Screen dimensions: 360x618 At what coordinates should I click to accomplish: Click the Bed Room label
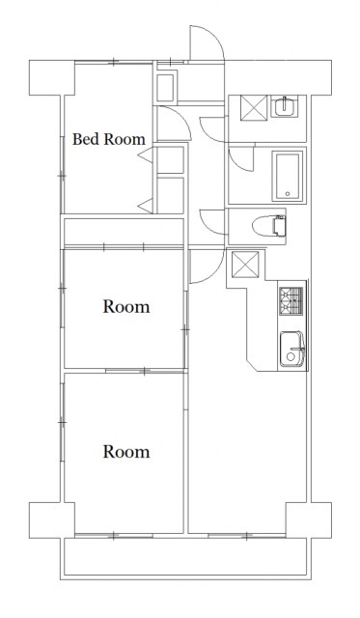[x=109, y=139]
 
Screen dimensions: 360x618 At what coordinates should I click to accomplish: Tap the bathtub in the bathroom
[x=288, y=176]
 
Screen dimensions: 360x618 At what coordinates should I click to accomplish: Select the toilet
[x=268, y=226]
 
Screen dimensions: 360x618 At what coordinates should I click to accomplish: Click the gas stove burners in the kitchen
[x=291, y=301]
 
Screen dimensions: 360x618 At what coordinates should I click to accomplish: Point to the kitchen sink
[x=291, y=349]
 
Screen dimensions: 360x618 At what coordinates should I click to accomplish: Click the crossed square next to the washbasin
[x=254, y=107]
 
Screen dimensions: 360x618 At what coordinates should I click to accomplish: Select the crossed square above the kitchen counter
[x=245, y=264]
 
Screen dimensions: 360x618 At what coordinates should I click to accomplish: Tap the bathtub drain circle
[x=288, y=194]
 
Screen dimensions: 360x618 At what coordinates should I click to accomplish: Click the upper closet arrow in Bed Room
[x=146, y=155]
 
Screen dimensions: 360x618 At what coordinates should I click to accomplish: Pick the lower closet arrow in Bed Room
[x=146, y=206]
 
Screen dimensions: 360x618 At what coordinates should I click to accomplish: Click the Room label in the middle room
[x=126, y=307]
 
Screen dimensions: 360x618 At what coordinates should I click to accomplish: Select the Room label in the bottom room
[x=126, y=452]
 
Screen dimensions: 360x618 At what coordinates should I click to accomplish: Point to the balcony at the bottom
[x=186, y=557]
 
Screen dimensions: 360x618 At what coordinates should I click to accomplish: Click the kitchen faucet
[x=297, y=350]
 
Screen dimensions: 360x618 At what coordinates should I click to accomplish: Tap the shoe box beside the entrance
[x=165, y=87]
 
